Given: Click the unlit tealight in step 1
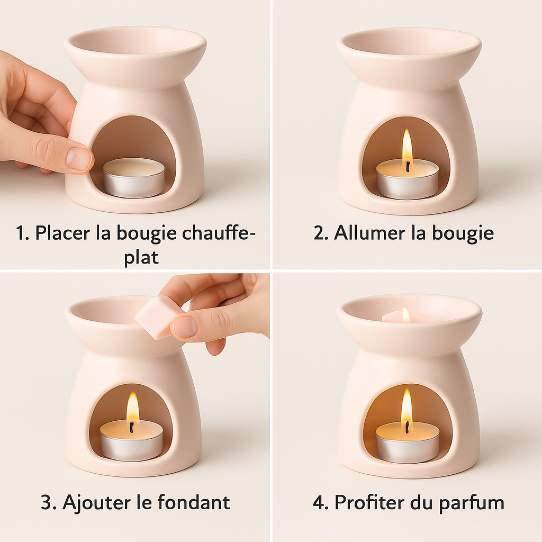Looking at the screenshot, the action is click(134, 178).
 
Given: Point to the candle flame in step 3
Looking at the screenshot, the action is click(133, 408).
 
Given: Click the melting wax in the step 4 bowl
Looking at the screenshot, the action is click(409, 315).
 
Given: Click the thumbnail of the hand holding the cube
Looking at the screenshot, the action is click(184, 327).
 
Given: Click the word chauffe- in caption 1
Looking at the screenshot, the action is click(219, 233).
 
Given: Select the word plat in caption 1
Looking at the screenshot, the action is click(141, 257).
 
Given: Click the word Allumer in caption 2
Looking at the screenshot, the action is click(369, 233).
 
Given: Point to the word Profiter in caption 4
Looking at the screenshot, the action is click(370, 502).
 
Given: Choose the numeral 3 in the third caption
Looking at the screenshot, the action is click(46, 502).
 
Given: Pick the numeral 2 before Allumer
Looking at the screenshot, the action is click(319, 233).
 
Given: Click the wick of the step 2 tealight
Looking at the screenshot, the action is click(409, 167).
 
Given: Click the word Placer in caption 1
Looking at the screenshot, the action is click(62, 233).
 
